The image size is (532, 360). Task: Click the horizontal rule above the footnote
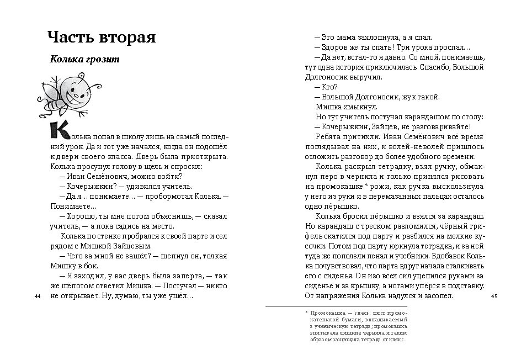point(336,306)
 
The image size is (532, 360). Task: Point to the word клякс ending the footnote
point(397,340)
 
